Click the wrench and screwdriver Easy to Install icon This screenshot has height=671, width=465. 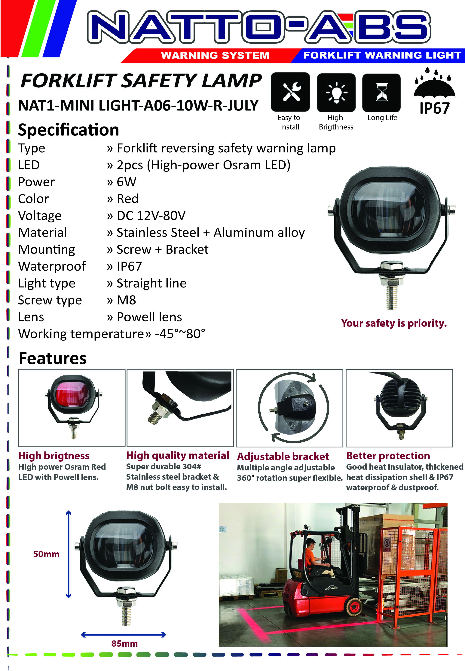click(x=290, y=92)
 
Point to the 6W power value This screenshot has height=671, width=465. click(x=127, y=182)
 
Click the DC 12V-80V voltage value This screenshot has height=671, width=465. click(x=151, y=216)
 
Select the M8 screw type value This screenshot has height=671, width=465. click(x=127, y=300)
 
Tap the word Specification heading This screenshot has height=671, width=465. click(x=69, y=130)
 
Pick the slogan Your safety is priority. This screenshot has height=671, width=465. click(x=394, y=323)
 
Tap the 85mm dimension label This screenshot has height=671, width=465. click(x=124, y=643)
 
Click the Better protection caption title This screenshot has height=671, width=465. click(x=388, y=456)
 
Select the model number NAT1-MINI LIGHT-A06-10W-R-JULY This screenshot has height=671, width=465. click(x=138, y=105)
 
